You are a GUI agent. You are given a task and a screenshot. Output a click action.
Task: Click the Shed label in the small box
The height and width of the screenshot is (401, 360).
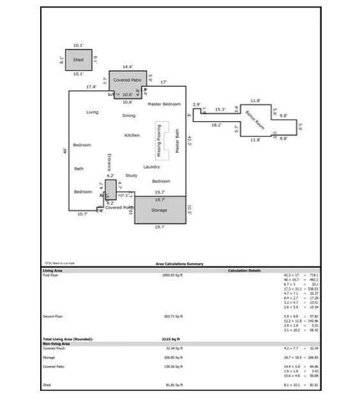click(79, 60)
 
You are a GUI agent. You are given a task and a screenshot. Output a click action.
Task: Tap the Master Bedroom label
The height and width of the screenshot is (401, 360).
click(165, 104)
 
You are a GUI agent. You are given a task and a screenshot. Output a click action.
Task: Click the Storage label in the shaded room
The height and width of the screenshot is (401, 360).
click(159, 210)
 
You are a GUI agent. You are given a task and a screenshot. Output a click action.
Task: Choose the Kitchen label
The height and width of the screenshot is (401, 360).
click(132, 135)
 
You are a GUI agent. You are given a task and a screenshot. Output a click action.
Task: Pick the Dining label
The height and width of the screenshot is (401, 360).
click(129, 115)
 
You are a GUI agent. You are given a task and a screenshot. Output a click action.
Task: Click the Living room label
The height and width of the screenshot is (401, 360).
click(93, 111)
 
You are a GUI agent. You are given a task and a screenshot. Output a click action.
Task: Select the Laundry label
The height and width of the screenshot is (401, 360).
click(151, 166)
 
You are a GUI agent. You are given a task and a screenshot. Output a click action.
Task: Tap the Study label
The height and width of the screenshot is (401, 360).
click(131, 175)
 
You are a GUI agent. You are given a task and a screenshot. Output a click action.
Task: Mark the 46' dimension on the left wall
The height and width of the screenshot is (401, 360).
click(64, 150)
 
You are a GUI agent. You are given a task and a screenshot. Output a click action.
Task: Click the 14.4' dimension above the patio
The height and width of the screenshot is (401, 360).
click(128, 66)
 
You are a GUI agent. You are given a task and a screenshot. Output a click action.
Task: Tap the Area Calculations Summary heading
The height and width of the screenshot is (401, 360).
click(179, 262)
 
